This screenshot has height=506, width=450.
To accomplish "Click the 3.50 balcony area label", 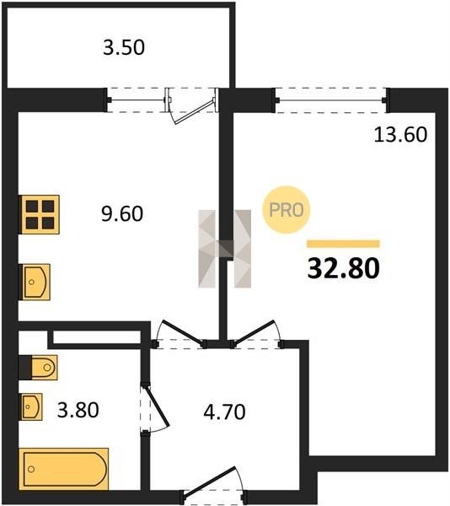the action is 124,47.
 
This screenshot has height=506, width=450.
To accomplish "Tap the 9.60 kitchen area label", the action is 122,213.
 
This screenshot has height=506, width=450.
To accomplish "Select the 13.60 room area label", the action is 400,135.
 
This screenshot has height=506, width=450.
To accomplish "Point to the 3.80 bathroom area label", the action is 78,410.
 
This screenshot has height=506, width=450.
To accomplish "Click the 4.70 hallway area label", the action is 225,412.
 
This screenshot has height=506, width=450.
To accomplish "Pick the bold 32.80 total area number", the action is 344,268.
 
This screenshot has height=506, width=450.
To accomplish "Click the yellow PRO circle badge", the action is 287,210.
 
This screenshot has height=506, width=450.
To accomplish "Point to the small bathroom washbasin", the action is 32,406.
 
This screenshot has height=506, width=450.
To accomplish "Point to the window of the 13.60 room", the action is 331,100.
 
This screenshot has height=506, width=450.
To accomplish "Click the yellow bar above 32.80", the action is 343,244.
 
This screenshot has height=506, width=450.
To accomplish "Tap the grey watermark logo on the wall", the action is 225,249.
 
